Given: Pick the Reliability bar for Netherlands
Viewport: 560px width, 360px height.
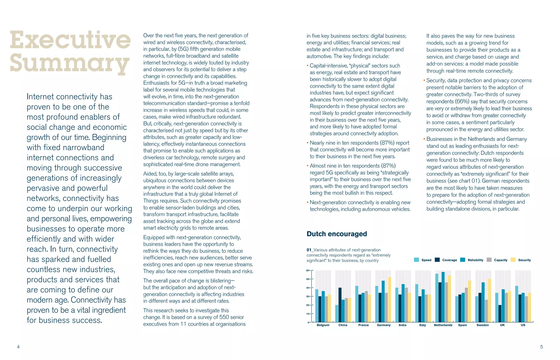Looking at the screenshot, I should point(443,297).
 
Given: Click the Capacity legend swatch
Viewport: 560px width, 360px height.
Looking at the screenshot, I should point(489,260).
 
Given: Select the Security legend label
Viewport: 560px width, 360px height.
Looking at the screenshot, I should point(524,260).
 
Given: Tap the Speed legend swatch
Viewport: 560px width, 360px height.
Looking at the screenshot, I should point(417,260).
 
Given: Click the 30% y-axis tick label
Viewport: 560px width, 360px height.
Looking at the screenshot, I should point(308,297).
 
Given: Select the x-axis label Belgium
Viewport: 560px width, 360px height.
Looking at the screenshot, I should point(323,325).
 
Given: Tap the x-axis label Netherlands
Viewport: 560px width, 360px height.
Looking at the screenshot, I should point(443,325).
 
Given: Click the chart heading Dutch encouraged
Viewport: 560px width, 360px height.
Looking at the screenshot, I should point(337,234).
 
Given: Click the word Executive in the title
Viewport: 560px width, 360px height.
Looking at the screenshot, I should point(70,40).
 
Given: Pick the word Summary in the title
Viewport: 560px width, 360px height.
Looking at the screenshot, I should point(69,63).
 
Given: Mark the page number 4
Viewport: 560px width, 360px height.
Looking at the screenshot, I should point(18,347).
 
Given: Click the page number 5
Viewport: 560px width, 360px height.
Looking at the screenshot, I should point(542,347).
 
